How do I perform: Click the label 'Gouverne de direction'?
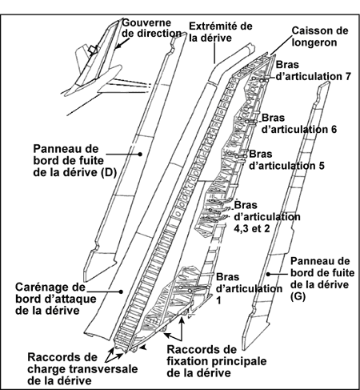[x=151, y=28]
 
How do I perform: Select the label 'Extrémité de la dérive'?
[x=221, y=32]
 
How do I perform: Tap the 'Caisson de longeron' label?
[x=320, y=36]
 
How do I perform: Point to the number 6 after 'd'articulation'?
[x=333, y=130]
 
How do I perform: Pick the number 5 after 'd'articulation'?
[x=321, y=166]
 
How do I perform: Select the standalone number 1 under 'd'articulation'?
[x=218, y=301]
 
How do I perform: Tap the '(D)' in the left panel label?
[x=109, y=173]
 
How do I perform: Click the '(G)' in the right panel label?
[x=298, y=296]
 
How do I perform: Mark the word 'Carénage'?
[x=50, y=287]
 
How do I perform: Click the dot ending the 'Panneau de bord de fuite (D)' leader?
[x=140, y=154]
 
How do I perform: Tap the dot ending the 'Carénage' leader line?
[x=121, y=291]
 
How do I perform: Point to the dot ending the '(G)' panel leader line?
[x=268, y=274]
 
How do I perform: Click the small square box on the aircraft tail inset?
[x=93, y=50]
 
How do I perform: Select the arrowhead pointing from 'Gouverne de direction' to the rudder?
[x=118, y=46]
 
